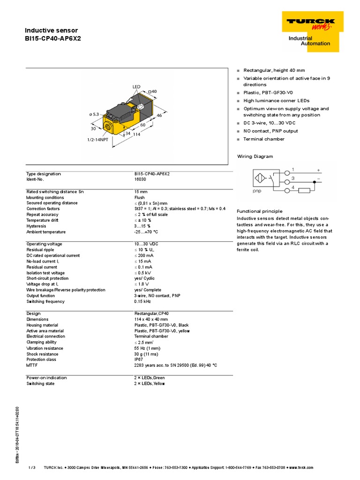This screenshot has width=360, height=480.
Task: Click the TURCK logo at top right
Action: pyautogui.click(x=311, y=23)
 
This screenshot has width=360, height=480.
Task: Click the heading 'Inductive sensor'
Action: pyautogui.click(x=51, y=30)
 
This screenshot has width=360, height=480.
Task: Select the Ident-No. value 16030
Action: pyautogui.click(x=140, y=180)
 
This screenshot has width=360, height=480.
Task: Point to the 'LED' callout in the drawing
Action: pyautogui.click(x=136, y=87)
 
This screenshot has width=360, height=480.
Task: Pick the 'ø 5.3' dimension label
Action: pyautogui.click(x=94, y=114)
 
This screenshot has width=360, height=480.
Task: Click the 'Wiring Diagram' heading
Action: pyautogui.click(x=255, y=157)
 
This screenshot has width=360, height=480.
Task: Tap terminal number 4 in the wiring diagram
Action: pyautogui.click(x=293, y=187)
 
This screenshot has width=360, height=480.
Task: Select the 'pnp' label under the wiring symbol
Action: pyautogui.click(x=257, y=191)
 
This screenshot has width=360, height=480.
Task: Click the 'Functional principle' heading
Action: pyautogui.click(x=260, y=211)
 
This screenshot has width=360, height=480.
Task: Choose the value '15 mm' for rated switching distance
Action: pyautogui.click(x=141, y=192)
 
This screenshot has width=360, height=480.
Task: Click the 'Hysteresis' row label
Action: pyautogui.click(x=36, y=226)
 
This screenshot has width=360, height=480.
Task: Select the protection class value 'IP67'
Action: pyautogui.click(x=139, y=360)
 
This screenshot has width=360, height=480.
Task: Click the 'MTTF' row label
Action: pyautogui.click(x=31, y=365)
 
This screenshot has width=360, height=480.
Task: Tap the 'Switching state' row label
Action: pyautogui.click(x=40, y=383)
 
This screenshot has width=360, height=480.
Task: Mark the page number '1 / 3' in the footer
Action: pyautogui.click(x=32, y=467)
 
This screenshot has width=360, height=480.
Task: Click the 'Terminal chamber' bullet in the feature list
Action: pyautogui.click(x=263, y=139)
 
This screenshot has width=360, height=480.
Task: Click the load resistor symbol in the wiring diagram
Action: pyautogui.click(x=304, y=190)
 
